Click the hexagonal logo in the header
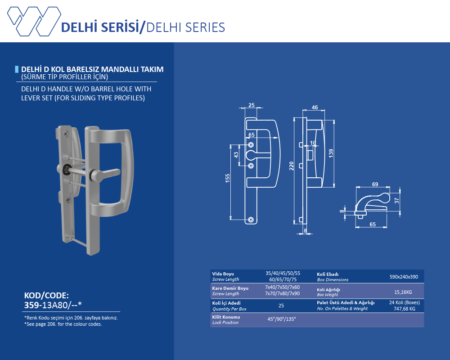point(34,21)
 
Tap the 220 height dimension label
point(292,166)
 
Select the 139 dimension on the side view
point(331,153)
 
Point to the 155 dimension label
point(228,178)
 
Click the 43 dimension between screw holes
point(236,155)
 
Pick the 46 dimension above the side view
point(315,108)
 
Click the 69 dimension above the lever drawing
point(375,184)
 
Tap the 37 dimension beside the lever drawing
point(397,200)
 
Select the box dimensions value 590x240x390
point(404,277)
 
